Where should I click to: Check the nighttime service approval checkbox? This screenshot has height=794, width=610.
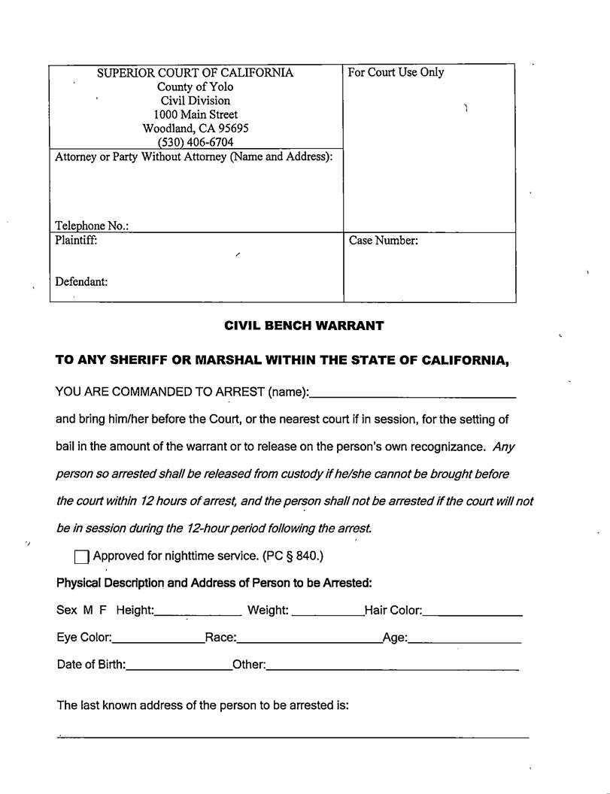82,557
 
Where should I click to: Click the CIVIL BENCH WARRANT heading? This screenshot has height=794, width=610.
304,326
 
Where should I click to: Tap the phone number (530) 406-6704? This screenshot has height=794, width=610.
196,142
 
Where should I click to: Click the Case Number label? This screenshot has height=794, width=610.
383,241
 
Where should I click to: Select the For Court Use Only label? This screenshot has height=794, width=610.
396,72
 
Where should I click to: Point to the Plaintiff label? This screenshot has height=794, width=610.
76,241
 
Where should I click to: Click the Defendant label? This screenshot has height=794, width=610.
81,282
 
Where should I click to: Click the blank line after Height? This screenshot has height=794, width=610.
198,613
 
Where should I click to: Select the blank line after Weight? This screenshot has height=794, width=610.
327,613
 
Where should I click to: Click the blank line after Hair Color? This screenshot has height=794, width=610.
472,613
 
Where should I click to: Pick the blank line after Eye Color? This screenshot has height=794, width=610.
158,641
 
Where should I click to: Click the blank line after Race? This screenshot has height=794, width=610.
309,641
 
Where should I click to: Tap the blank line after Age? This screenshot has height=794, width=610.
465,641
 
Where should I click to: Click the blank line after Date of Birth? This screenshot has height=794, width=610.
179,668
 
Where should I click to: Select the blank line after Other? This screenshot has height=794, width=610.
392,668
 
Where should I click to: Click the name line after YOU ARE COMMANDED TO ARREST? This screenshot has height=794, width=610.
412,394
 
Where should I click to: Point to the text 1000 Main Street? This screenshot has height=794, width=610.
196,114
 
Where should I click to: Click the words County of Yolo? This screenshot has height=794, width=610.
196,86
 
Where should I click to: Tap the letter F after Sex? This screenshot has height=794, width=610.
103,611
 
